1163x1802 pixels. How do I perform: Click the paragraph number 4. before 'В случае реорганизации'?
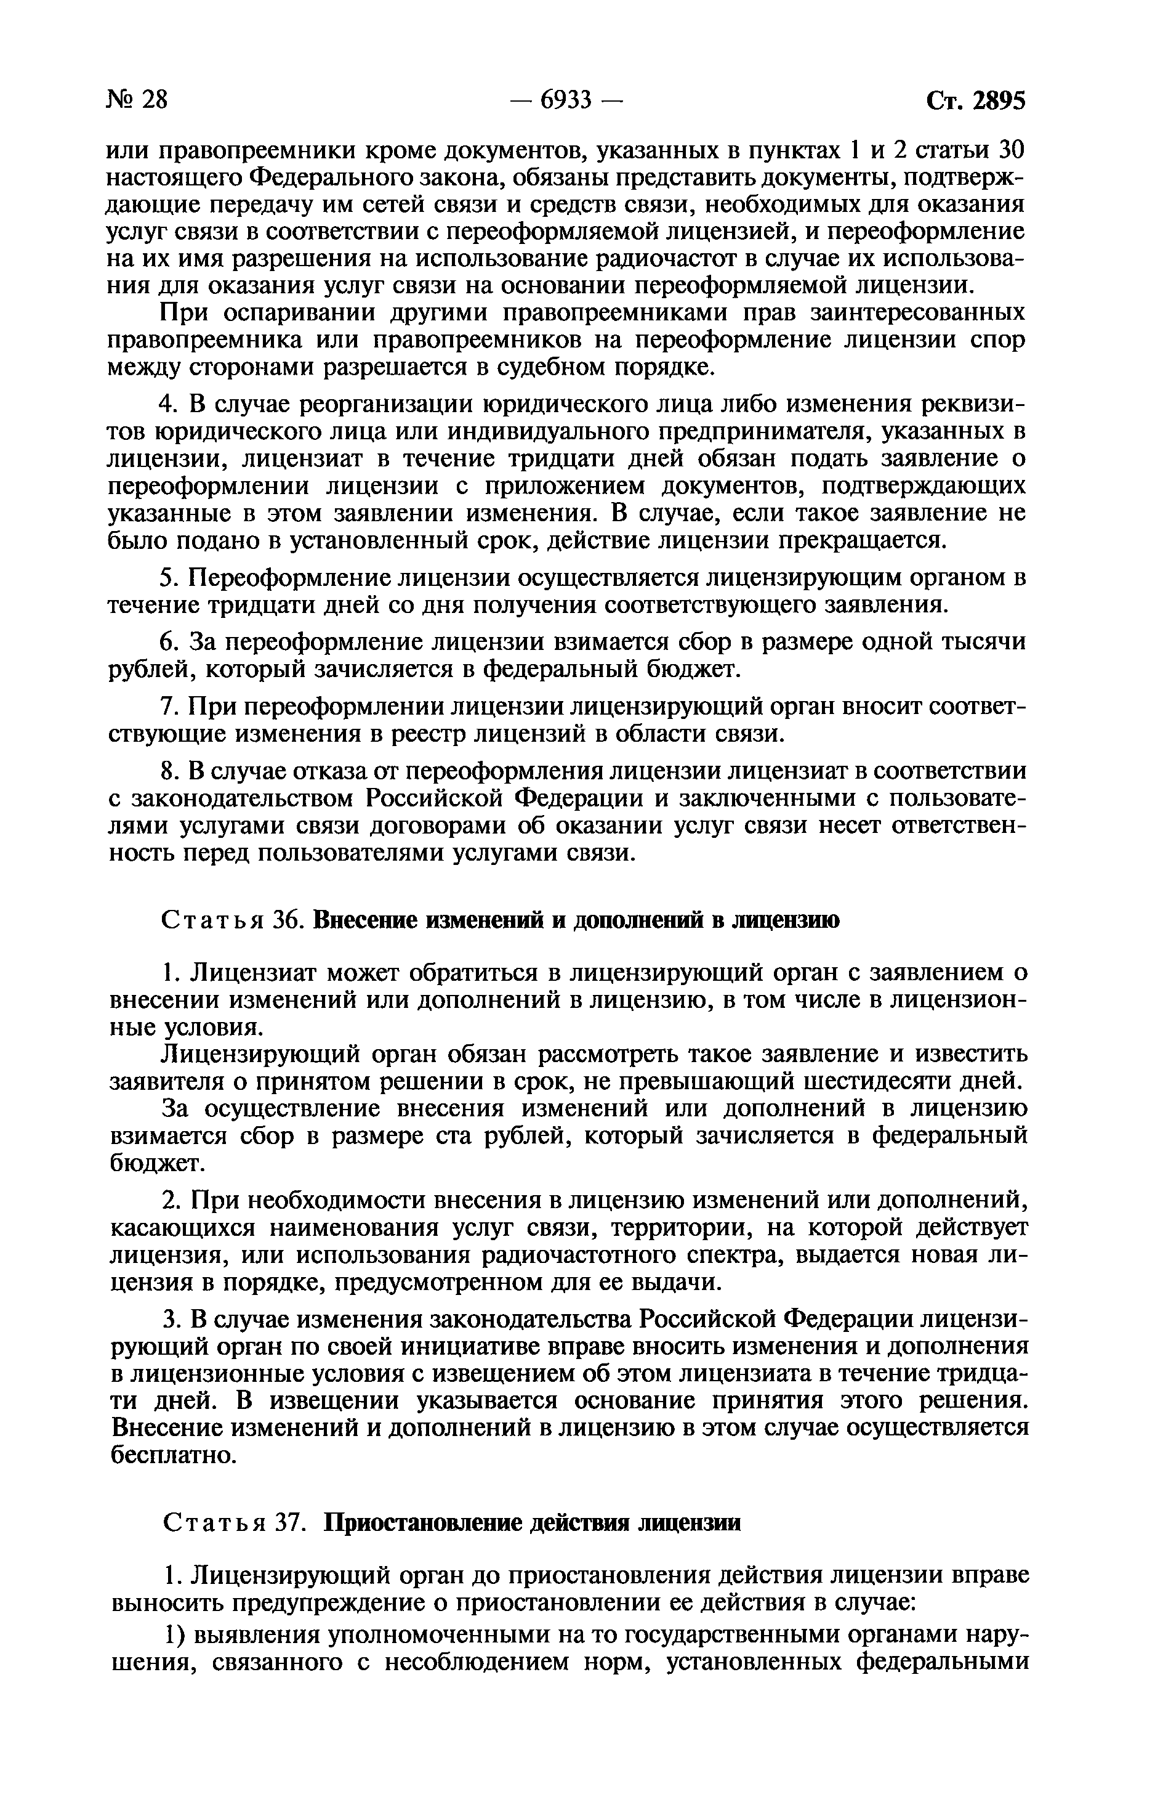tap(169, 404)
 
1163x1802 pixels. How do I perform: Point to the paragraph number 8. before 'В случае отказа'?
tap(169, 771)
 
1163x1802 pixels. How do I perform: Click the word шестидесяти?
tap(876, 1081)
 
